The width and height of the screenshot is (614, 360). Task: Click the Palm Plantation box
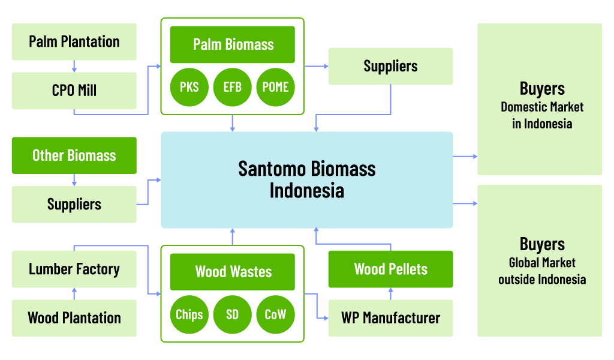(74, 42)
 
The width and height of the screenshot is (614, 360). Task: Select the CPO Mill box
(74, 91)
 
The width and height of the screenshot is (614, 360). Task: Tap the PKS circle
(189, 87)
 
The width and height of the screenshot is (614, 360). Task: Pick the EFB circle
(233, 87)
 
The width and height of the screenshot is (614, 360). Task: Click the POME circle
(276, 87)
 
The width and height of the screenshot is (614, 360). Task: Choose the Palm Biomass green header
(233, 44)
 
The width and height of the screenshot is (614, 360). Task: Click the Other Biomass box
(74, 155)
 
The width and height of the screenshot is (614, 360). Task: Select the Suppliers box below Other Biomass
(74, 205)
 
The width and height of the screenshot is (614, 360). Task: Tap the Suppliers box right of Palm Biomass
(390, 66)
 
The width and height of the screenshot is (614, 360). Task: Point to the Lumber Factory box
(74, 269)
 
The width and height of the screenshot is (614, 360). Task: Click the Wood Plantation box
(74, 318)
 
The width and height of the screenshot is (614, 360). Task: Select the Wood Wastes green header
(233, 272)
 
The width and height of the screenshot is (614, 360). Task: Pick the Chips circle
(189, 314)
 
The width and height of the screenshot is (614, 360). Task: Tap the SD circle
(233, 314)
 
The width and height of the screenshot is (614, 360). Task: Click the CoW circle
(276, 314)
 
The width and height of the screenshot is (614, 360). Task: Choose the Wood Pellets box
(390, 269)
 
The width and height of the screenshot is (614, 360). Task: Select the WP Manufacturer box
(390, 318)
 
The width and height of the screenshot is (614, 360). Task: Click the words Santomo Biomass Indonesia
(307, 179)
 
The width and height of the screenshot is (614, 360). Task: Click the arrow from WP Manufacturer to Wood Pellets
(390, 293)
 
